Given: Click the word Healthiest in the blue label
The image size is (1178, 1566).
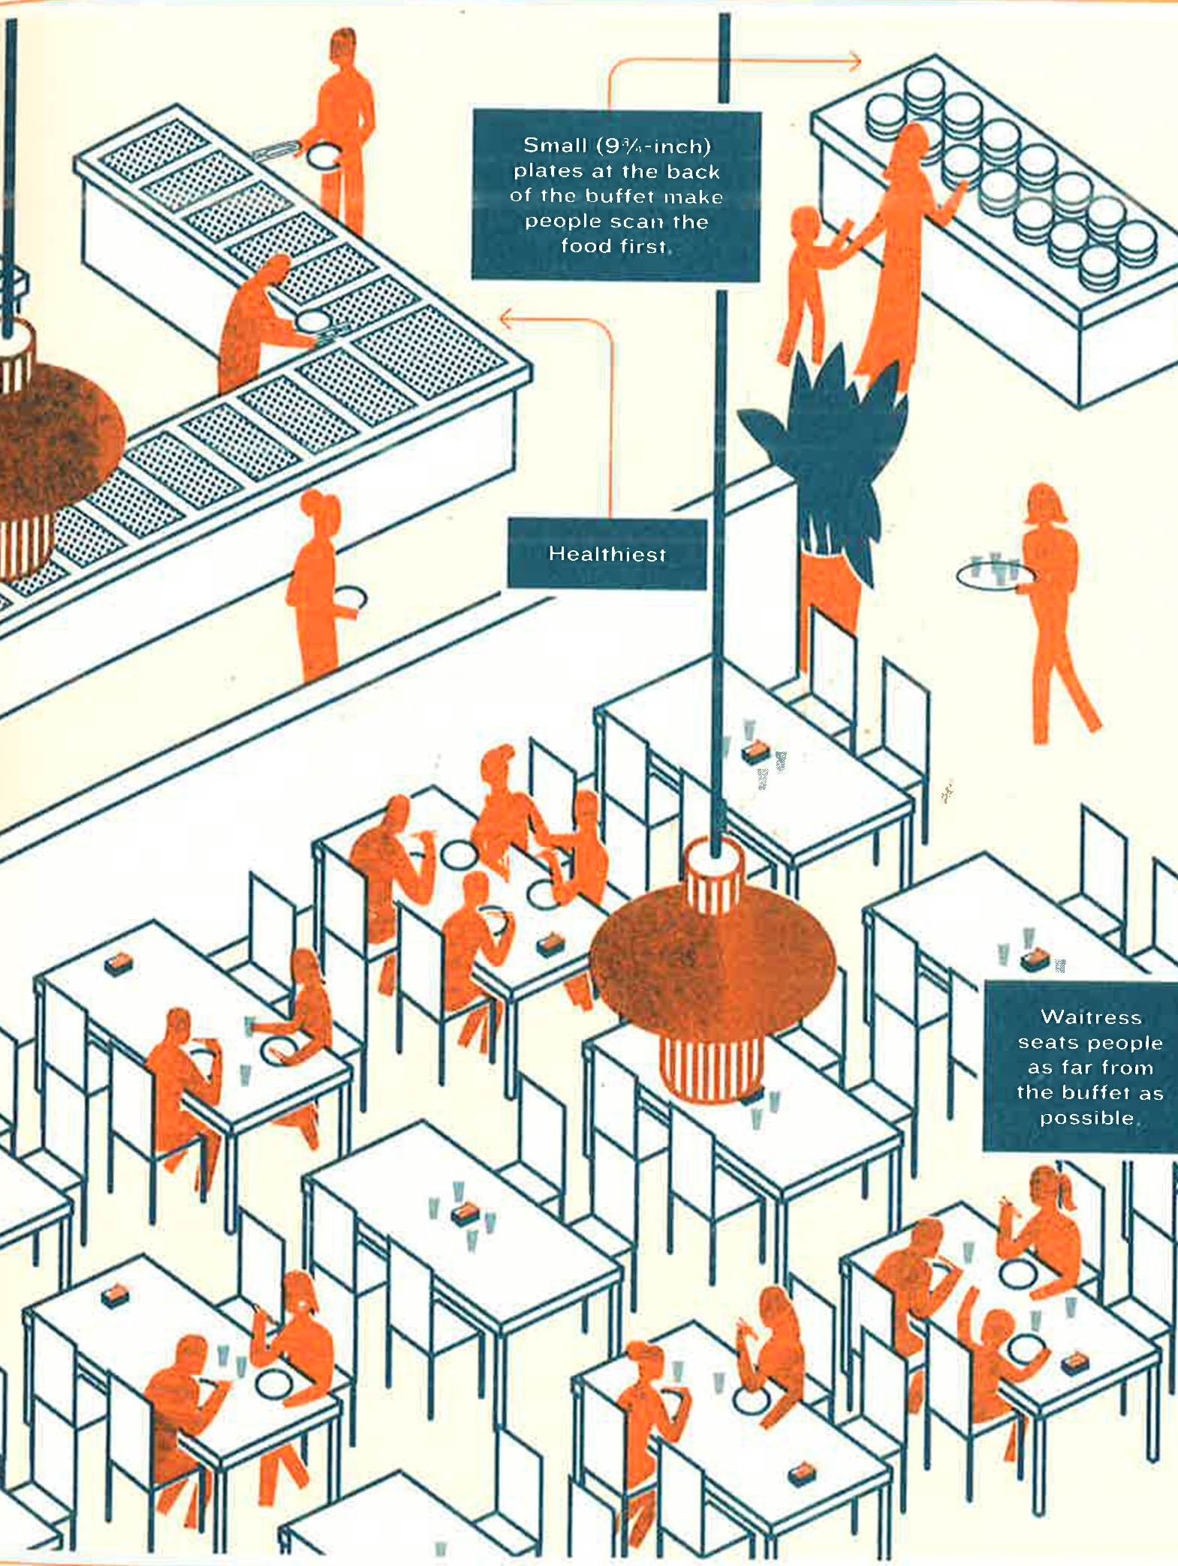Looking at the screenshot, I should [607, 555].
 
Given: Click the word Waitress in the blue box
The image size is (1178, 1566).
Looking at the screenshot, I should [1090, 1017].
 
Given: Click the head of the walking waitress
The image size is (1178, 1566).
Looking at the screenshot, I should [1045, 503].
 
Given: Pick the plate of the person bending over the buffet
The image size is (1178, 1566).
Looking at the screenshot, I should [312, 321].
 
